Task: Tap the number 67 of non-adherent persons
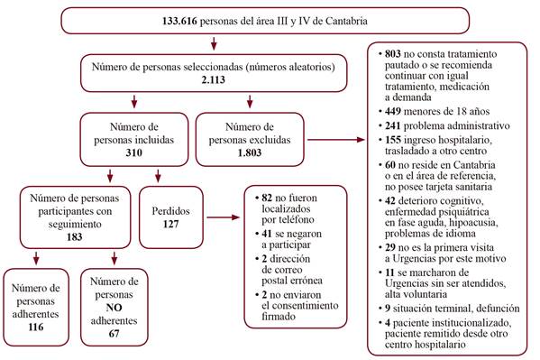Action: [114, 333]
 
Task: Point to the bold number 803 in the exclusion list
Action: [390, 56]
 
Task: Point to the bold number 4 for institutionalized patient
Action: [384, 323]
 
